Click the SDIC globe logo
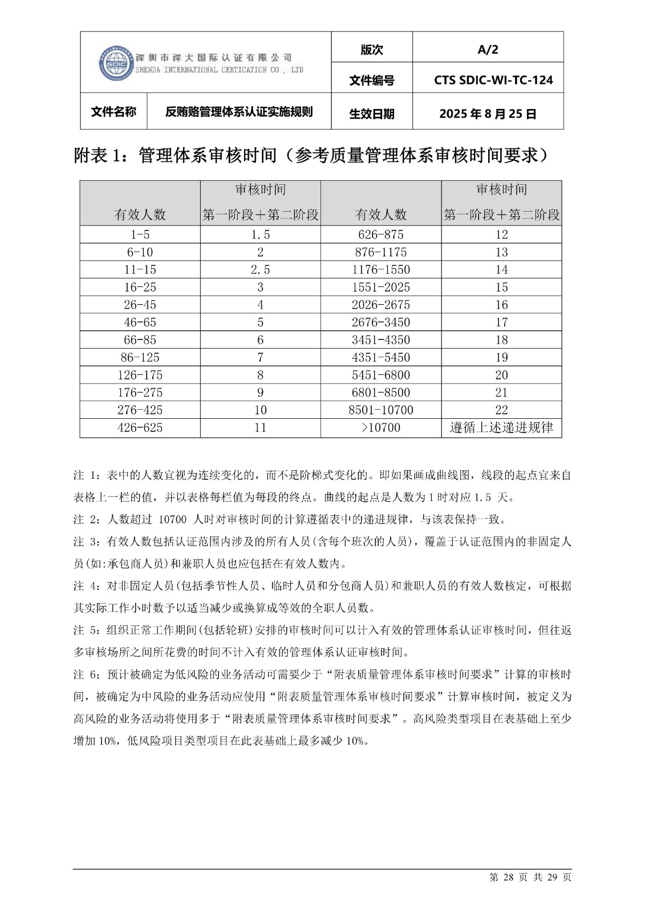click(x=116, y=62)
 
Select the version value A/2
click(x=488, y=50)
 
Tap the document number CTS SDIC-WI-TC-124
click(x=493, y=80)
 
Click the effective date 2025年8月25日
click(x=488, y=114)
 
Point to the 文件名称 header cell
click(x=113, y=112)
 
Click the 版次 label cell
click(x=371, y=50)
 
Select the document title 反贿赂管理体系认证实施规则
click(x=239, y=112)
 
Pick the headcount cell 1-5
click(x=140, y=235)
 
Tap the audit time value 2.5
click(x=260, y=269)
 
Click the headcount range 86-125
click(x=140, y=357)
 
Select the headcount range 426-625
click(x=140, y=427)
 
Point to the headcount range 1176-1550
click(x=380, y=269)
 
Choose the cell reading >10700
click(x=380, y=427)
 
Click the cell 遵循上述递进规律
click(x=501, y=427)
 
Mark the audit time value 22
click(x=501, y=410)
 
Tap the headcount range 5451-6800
click(x=380, y=375)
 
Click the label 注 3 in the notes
click(x=87, y=542)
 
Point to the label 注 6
click(x=87, y=674)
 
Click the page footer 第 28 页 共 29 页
click(x=530, y=877)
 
